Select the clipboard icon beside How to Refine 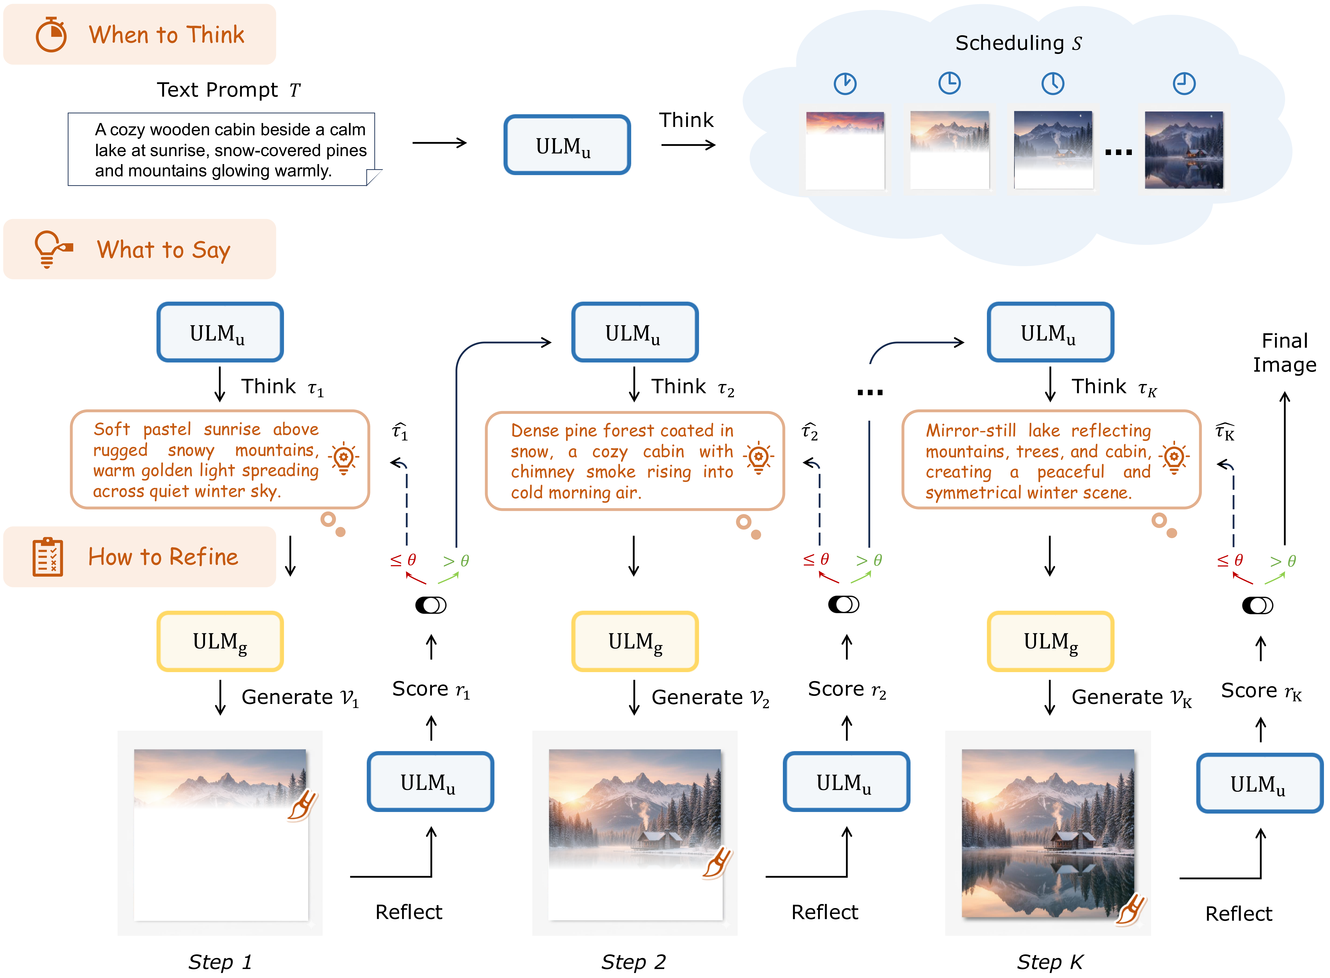pos(47,557)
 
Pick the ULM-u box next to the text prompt pos(567,145)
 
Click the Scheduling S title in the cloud pos(1018,43)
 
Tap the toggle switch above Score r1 pos(431,605)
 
